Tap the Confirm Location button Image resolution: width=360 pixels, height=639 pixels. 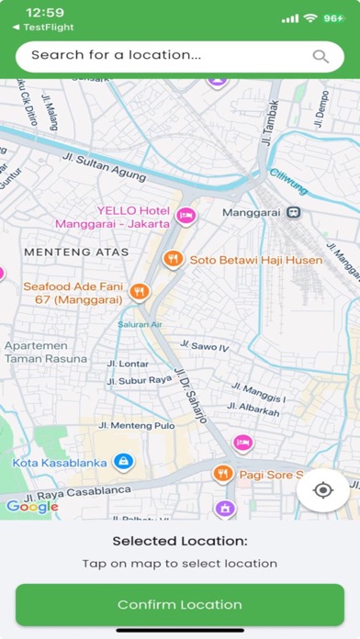[x=180, y=604]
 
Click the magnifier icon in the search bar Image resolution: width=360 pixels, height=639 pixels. [x=321, y=56]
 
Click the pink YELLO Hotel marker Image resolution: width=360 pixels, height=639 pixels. [x=186, y=216]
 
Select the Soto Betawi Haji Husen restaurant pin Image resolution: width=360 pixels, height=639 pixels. [x=171, y=260]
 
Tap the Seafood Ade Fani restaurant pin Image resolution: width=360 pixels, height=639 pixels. [x=139, y=291]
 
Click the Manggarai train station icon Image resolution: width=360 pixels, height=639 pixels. [x=293, y=212]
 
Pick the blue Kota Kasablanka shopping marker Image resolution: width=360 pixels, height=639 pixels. [x=124, y=462]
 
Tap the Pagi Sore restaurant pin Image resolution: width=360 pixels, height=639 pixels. [x=221, y=474]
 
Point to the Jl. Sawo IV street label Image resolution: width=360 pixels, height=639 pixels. [x=204, y=346]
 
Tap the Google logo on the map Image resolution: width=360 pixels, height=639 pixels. [x=32, y=506]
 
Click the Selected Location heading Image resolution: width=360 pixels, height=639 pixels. [x=180, y=542]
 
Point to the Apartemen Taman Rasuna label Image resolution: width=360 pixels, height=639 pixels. [x=46, y=353]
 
